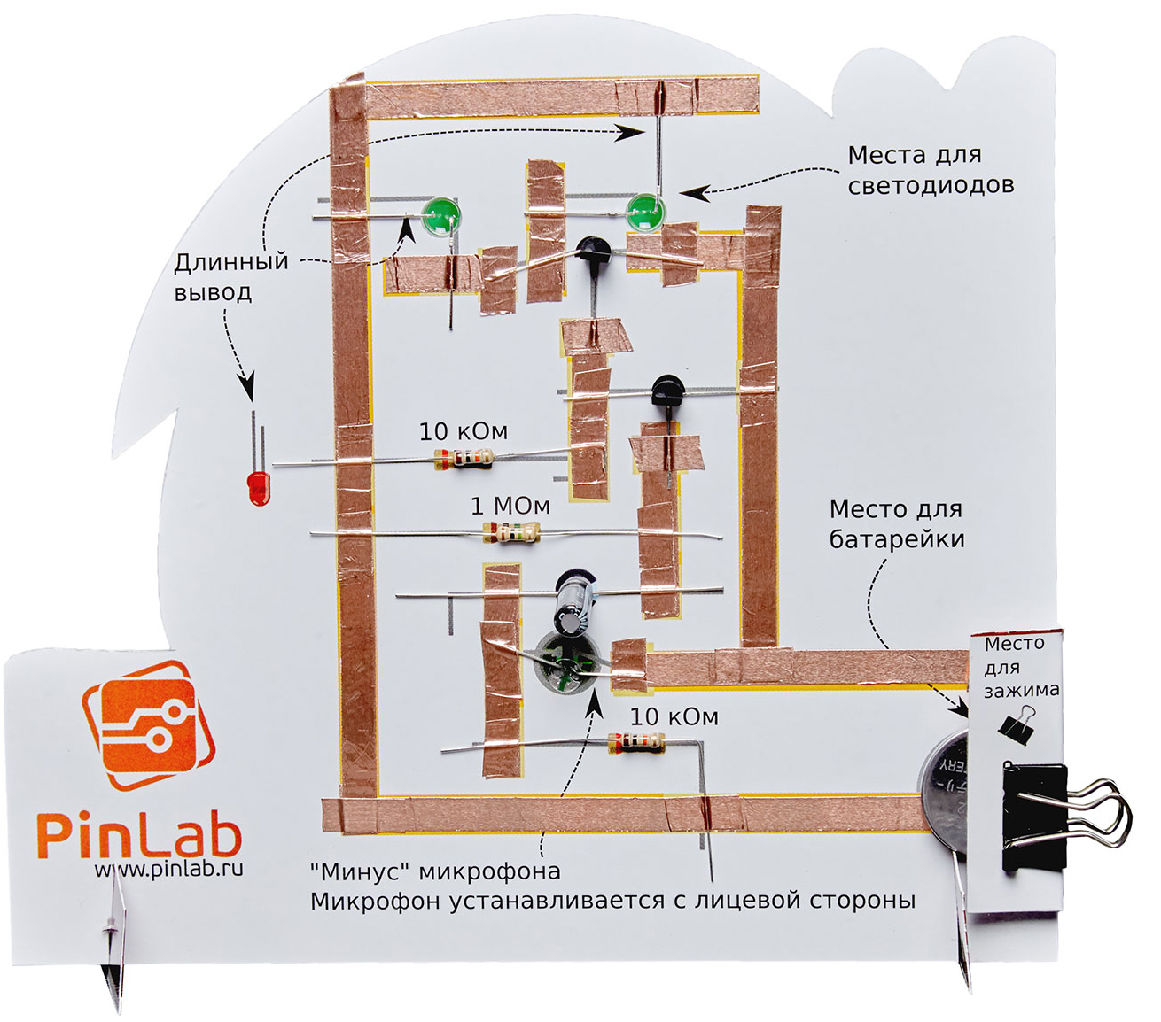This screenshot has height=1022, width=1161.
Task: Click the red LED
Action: coord(257,487)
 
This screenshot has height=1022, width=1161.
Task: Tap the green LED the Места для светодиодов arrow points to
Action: coord(645,213)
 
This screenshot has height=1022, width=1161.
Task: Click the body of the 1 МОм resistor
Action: coord(510,532)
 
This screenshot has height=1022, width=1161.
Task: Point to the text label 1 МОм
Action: coord(510,506)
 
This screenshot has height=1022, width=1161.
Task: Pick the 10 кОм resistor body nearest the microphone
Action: coord(635,742)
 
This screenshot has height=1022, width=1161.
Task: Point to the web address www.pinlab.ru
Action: coord(168,869)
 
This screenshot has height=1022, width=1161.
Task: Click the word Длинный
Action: coord(231,262)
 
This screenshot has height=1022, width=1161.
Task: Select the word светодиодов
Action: coord(931,185)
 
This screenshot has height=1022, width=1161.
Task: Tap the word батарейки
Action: coord(897,538)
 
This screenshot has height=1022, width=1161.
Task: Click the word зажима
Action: coord(1021,690)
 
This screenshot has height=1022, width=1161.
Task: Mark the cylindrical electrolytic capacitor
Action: coord(573,600)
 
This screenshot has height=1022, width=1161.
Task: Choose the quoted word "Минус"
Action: coord(361,871)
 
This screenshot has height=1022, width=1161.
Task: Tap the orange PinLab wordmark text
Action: coord(139,834)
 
